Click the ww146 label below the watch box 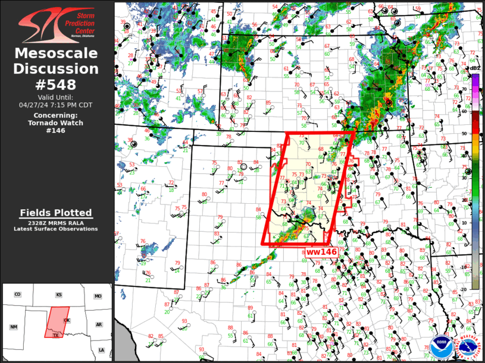(x=321, y=252)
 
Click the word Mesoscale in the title (x=57, y=53)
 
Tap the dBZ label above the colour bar (x=475, y=68)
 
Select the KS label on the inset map (x=59, y=295)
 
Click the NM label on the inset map (x=13, y=327)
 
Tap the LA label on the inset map (x=101, y=350)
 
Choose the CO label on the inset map (x=17, y=295)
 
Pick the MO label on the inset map (x=98, y=296)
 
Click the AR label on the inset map (x=99, y=325)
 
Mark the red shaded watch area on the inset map (x=57, y=321)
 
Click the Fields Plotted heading (x=56, y=213)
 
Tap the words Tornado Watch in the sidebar (x=56, y=123)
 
